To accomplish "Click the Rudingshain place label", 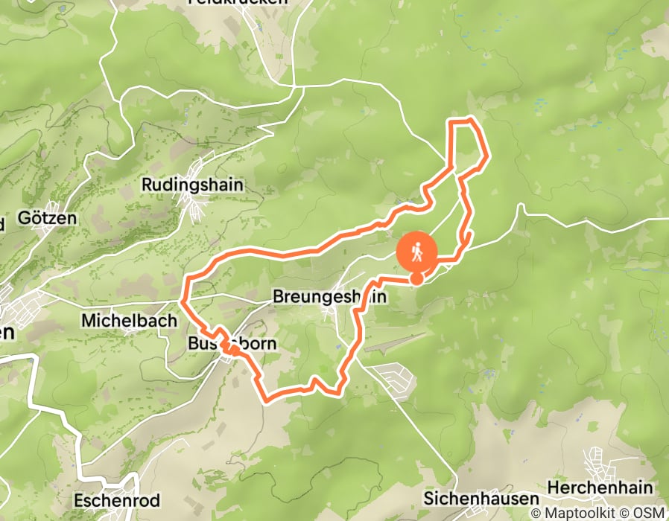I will pyautogui.click(x=192, y=185).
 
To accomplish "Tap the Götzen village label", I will pyautogui.click(x=47, y=218).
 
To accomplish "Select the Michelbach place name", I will pyautogui.click(x=129, y=321).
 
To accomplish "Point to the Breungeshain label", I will pyautogui.click(x=330, y=296).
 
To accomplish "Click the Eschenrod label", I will pyautogui.click(x=110, y=499).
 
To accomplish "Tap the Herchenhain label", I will pyautogui.click(x=600, y=488).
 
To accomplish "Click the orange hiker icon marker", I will pyautogui.click(x=417, y=252).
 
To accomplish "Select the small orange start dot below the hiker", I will pyautogui.click(x=417, y=278).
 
